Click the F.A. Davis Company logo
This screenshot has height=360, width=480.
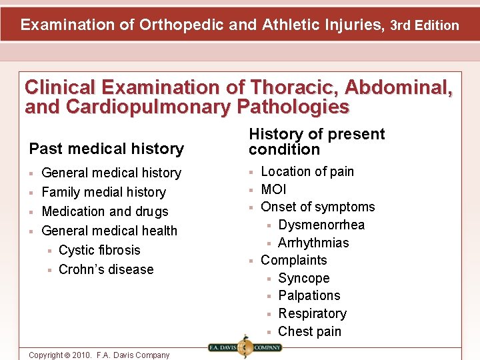[x=245, y=347]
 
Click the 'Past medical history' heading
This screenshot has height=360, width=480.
[x=106, y=149]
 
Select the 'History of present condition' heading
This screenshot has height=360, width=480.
[x=317, y=141]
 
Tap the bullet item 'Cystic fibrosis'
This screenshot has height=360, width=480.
[x=99, y=250]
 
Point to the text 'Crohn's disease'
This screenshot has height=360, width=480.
[x=106, y=269]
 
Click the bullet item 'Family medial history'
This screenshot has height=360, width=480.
[x=103, y=192]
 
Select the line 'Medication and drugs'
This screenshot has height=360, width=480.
[x=105, y=211]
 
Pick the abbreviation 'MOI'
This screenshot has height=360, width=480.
[x=273, y=189]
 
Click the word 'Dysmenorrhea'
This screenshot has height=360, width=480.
[x=321, y=225]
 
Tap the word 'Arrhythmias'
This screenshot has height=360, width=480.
[x=313, y=243]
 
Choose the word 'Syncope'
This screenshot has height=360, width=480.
[x=303, y=278]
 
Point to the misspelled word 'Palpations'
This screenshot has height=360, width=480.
[x=309, y=295]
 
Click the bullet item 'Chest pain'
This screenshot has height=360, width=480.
[x=309, y=331]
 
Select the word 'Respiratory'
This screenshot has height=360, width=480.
[x=312, y=313]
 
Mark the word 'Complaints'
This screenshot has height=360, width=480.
[x=293, y=260]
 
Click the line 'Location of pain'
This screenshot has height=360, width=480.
[x=307, y=171]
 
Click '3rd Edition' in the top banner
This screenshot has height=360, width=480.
[x=425, y=25]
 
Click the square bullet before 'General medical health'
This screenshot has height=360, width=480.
[x=31, y=231]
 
